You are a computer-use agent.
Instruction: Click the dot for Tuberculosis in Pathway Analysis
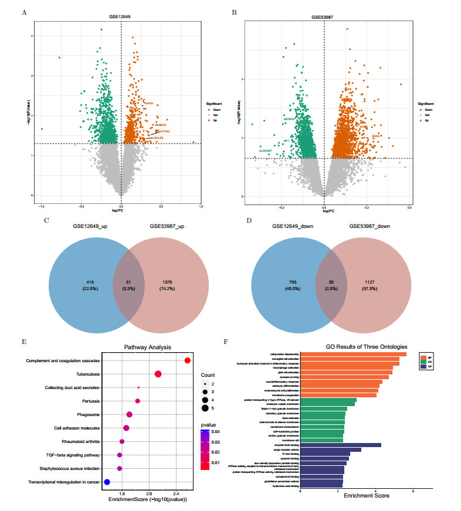(158, 374)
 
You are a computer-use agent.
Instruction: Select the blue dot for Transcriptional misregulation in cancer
(107, 482)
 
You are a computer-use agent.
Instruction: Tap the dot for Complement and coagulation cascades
(187, 360)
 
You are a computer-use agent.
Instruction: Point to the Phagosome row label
(86, 414)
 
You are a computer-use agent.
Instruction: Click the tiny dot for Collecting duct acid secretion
(138, 387)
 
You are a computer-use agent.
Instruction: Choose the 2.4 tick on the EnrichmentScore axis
(176, 494)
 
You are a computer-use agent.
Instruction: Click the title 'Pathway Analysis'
(146, 347)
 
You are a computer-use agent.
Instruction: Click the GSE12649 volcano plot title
(121, 18)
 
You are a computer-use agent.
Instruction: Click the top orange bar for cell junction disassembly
(361, 354)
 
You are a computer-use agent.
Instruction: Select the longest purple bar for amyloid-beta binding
(340, 445)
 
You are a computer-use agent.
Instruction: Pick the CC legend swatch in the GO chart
(423, 362)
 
